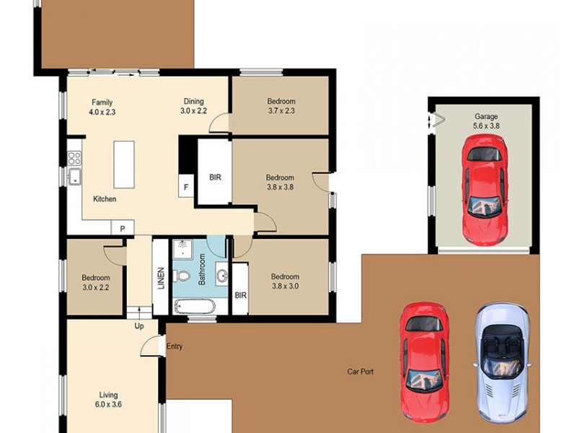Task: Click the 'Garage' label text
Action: point(485,116)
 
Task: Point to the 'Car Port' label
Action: point(360,372)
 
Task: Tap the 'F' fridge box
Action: point(186,187)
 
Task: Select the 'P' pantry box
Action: point(123,229)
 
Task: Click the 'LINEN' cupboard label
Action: point(161,279)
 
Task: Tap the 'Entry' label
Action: point(175,346)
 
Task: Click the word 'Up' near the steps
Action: point(139,326)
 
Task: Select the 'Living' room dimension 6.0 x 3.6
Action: point(109,405)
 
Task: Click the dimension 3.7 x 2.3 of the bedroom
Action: point(281,112)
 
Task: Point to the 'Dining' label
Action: point(193,102)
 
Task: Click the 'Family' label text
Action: point(102,102)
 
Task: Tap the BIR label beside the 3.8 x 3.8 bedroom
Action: point(215,178)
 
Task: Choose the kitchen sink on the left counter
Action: point(74,176)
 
